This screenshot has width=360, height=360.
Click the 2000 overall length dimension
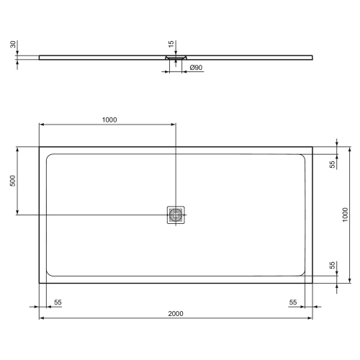176,312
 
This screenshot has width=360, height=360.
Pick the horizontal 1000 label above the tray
109,120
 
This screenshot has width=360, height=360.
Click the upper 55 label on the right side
332,164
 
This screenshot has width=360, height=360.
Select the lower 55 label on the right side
332,266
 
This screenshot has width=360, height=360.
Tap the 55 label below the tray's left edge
57,302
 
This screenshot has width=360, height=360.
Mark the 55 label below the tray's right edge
294,302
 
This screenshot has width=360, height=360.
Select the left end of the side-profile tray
40,56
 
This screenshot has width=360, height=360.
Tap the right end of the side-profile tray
312,56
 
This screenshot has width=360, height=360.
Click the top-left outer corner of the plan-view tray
39,148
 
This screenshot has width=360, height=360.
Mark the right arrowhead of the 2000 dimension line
310,317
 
